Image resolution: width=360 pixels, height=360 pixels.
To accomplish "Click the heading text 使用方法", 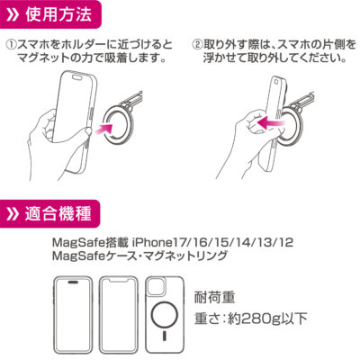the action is click(x=58, y=14).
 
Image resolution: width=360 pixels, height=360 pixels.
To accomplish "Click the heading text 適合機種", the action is click(x=58, y=213).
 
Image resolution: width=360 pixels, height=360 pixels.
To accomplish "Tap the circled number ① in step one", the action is click(x=11, y=45).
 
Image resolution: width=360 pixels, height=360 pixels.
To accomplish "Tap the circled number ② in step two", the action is click(x=196, y=45).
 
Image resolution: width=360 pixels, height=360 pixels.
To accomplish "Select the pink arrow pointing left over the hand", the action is click(x=271, y=123).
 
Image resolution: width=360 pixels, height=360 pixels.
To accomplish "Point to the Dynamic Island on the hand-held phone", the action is click(x=77, y=77).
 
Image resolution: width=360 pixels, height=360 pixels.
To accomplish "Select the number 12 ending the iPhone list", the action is click(x=286, y=242).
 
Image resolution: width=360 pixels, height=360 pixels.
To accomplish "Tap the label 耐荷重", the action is click(x=214, y=297).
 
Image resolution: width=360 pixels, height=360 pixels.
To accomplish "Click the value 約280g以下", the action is click(x=267, y=319).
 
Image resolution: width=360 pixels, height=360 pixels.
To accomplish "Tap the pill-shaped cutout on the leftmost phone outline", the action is click(x=73, y=282).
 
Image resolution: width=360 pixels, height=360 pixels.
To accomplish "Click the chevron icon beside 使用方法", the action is click(x=13, y=15).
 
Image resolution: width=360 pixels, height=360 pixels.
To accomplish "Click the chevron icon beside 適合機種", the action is click(x=13, y=214).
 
